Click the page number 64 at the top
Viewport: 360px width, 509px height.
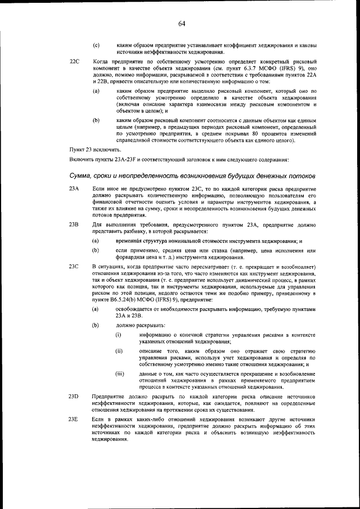point(182,23)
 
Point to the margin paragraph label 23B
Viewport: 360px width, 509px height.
point(73,224)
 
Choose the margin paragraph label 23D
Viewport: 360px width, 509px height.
point(73,397)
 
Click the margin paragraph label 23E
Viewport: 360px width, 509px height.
point(73,420)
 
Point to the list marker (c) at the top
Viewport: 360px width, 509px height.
point(96,44)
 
